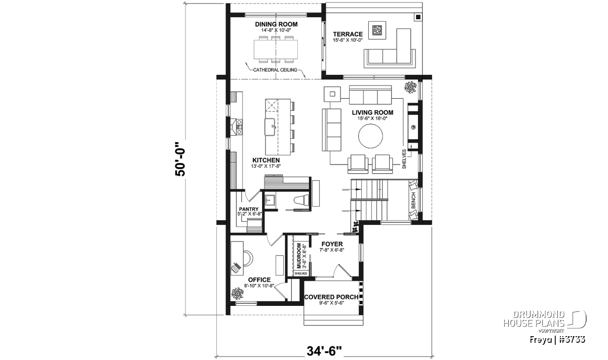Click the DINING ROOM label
pos(276,24)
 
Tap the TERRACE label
pos(348,34)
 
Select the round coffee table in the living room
pos(370,136)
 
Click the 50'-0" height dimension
pos(180,159)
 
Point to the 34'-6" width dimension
pos(324,351)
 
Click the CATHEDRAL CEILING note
pos(275,70)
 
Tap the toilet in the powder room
pos(302,200)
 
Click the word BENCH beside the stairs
pos(413,201)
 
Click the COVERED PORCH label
pos(331,297)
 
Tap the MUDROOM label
pos(299,256)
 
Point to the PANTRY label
pos(249,209)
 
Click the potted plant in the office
pos(238,293)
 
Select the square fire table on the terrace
pos(377,30)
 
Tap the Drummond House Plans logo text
pos(534,319)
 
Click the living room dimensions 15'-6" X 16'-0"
pos(372,118)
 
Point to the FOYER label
pos(332,244)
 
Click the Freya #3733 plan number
pos(557,340)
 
